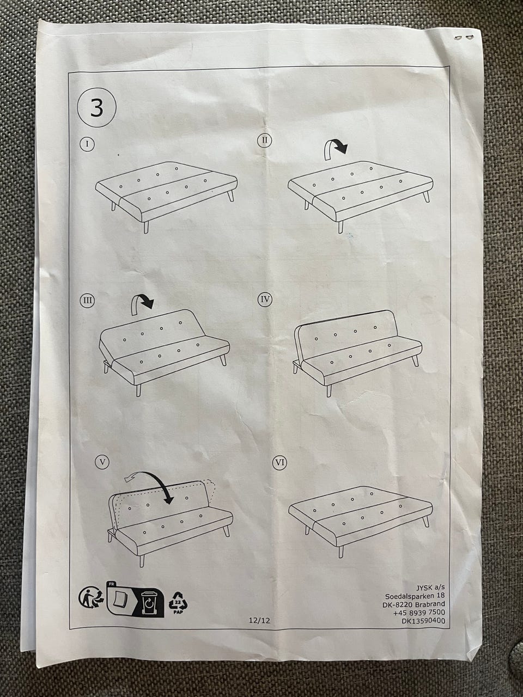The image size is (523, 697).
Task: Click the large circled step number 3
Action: coord(97,108)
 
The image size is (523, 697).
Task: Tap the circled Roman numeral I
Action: coord(87,144)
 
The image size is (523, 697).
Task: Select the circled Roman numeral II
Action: coord(264,140)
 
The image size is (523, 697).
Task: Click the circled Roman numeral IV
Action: coord(265,299)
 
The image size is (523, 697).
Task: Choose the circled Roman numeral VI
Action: coord(279,462)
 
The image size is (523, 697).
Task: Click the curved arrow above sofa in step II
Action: coord(336,149)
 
